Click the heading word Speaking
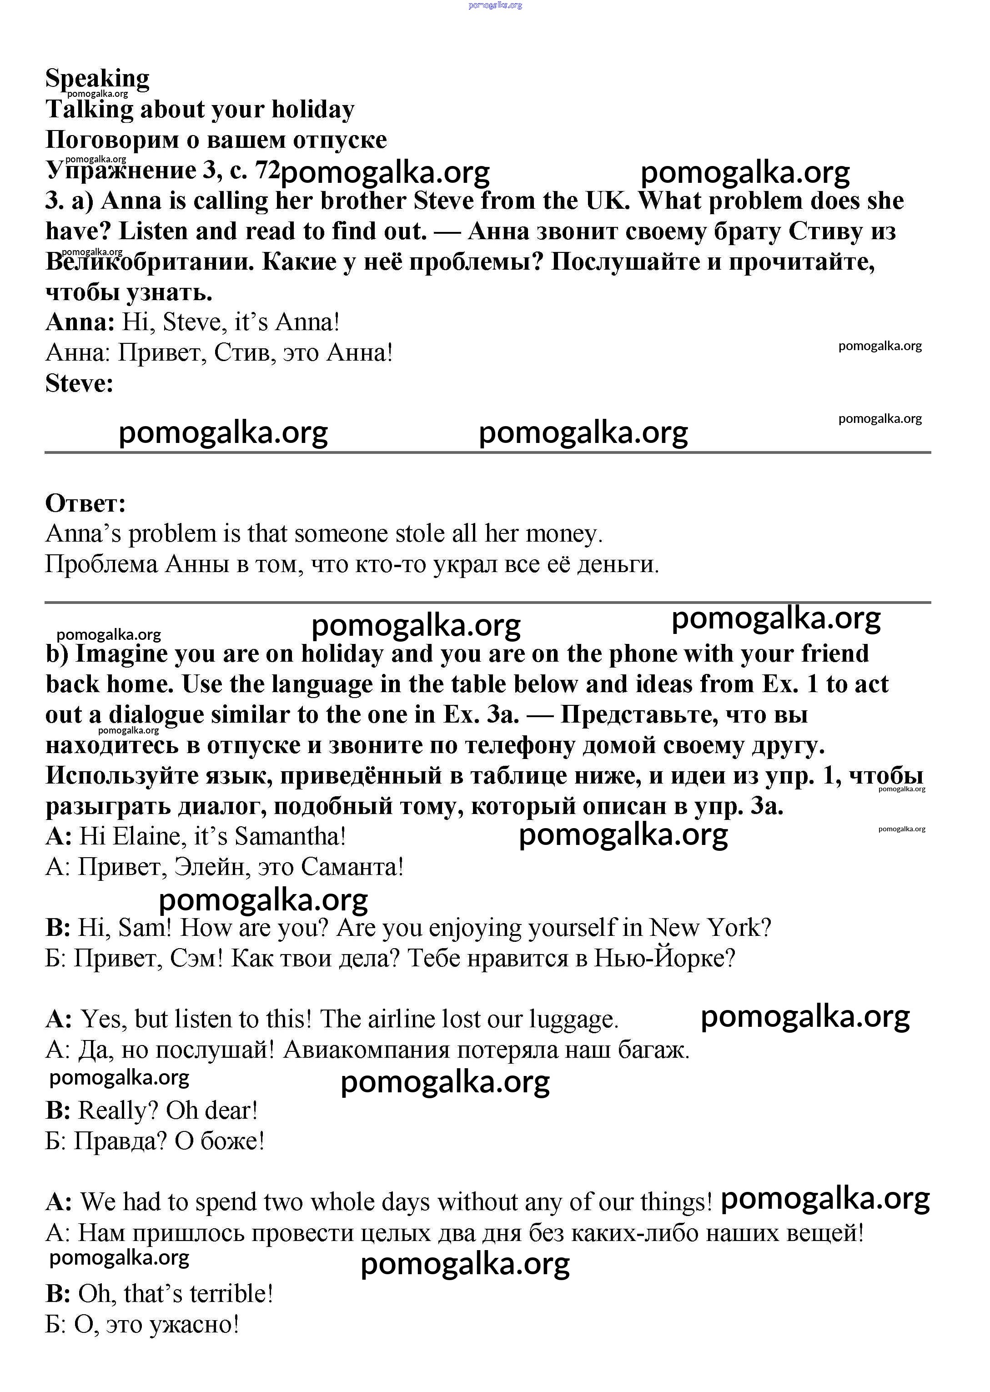(97, 79)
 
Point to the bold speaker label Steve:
(79, 383)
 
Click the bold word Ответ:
(85, 503)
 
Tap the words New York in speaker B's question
(709, 928)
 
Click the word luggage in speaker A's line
(573, 1019)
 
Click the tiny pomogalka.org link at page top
(495, 5)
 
